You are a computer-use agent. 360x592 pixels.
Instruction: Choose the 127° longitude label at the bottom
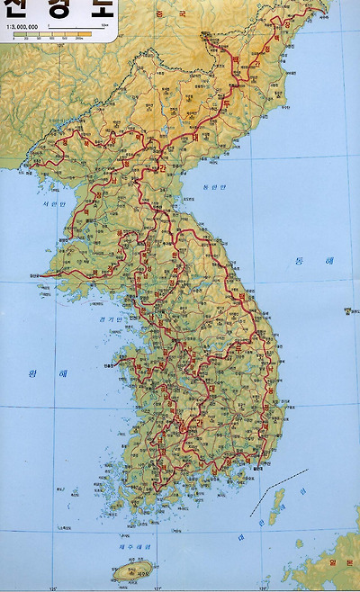159,588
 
